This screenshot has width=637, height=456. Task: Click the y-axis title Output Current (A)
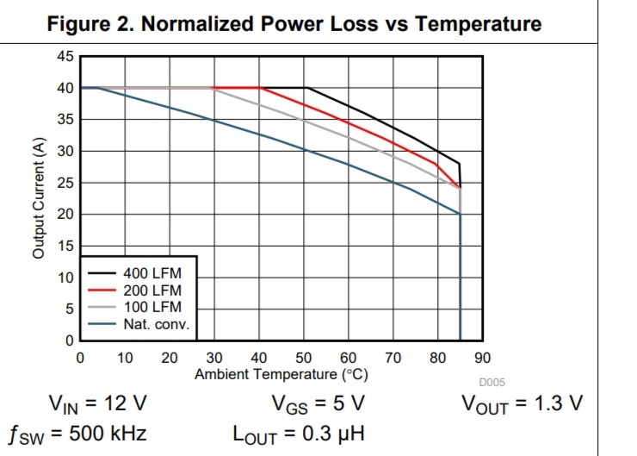coord(39,199)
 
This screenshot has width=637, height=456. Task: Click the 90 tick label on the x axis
coord(482,358)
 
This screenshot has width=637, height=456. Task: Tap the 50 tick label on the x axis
coord(303,358)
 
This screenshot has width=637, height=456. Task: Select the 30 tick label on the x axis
coord(214,358)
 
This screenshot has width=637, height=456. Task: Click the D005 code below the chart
coord(492,383)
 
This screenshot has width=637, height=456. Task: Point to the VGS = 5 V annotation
coord(318,403)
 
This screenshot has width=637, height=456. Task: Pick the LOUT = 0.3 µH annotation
coord(298,432)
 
